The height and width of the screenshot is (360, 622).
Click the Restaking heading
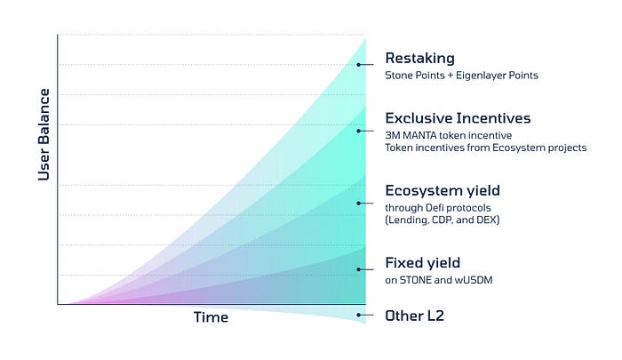tap(419, 59)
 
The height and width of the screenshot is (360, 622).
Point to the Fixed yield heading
tap(422, 263)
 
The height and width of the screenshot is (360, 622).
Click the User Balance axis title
tap(44, 135)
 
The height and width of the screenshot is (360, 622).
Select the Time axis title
tap(211, 317)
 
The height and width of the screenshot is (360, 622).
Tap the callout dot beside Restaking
tap(359, 65)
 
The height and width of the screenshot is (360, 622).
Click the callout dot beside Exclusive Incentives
tap(359, 131)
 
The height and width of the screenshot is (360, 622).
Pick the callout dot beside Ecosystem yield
tap(359, 204)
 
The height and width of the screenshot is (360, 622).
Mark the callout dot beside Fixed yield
tap(359, 269)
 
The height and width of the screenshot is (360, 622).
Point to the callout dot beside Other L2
tap(359, 316)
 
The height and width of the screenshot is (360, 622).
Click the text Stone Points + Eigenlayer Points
tap(461, 76)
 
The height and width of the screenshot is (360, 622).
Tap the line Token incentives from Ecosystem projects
tap(485, 148)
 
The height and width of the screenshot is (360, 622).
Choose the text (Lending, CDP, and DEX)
tap(443, 220)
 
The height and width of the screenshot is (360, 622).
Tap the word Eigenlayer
tap(482, 76)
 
